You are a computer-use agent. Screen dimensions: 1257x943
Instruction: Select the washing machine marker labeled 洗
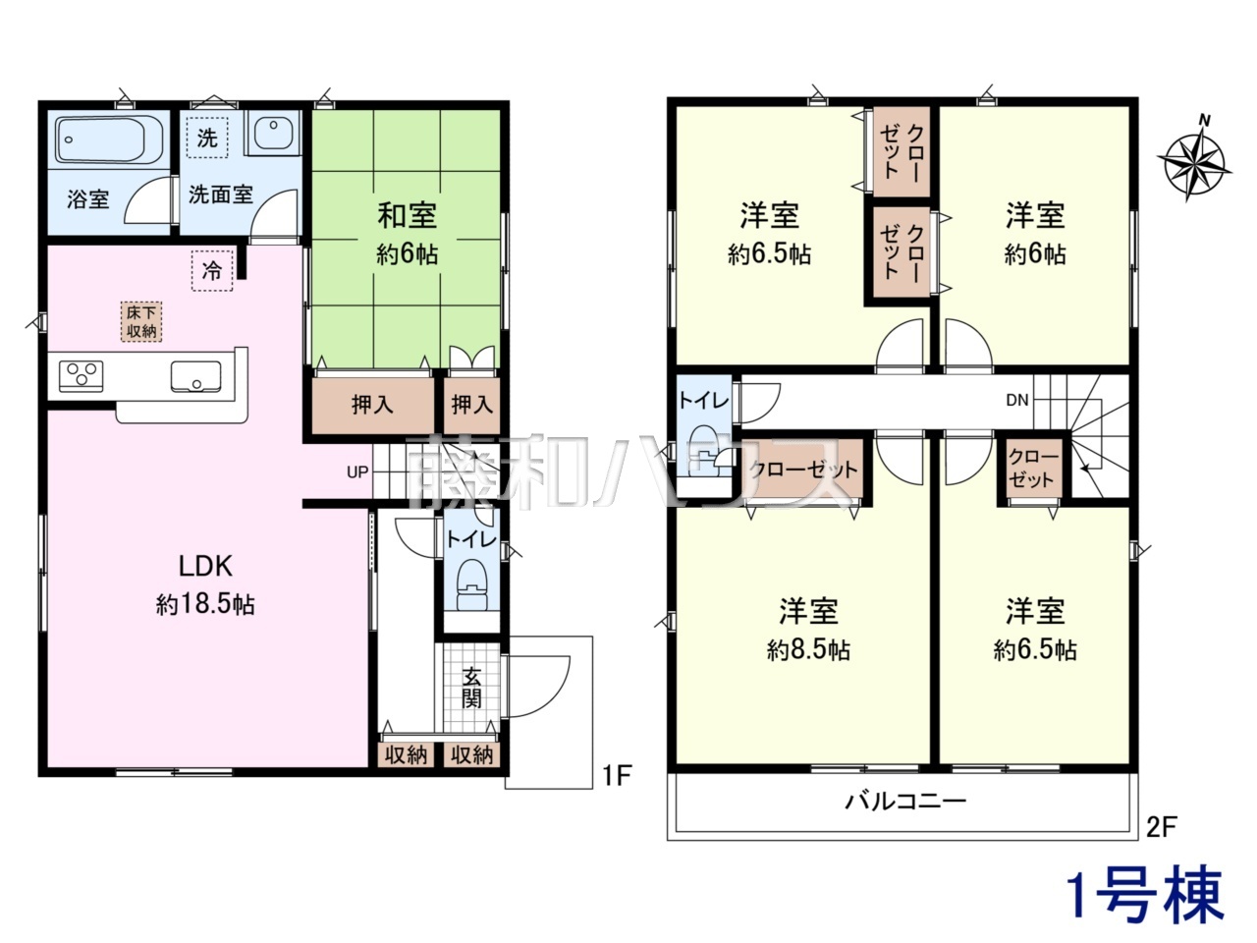pos(207,138)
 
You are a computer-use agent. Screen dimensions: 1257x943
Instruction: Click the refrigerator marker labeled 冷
pos(212,271)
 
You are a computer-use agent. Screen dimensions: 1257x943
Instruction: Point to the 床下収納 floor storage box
pos(141,322)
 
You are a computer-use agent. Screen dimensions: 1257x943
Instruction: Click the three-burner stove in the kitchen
pos(82,376)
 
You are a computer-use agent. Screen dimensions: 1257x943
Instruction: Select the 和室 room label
pos(407,215)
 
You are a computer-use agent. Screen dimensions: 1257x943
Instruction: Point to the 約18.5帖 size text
pos(205,605)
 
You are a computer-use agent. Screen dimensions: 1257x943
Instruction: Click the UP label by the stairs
pos(357,472)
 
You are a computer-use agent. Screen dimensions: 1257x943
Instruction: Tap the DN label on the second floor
pos(1017,400)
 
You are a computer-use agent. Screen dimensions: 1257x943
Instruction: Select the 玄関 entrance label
pos(471,689)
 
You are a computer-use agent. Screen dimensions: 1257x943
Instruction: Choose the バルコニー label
pos(905,801)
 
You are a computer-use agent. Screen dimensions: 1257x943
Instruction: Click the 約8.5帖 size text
pos(808,650)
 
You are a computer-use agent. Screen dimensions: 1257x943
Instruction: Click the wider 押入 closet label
pos(372,405)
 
